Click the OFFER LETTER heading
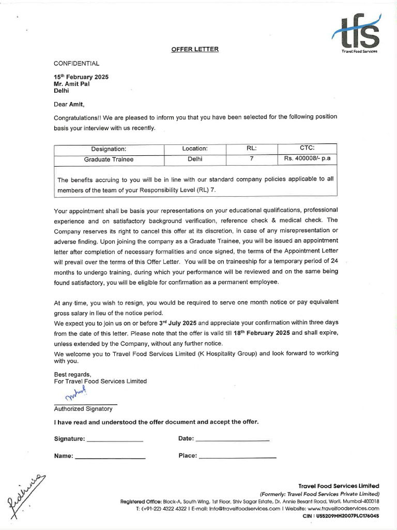pos(195,49)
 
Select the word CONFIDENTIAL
pos(77,63)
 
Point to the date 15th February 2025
pos(81,77)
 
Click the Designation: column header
pos(109,149)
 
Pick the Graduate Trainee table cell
pos(109,159)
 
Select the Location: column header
pos(195,149)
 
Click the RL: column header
pos(252,149)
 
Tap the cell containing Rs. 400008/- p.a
pos(307,159)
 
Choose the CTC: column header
pos(307,149)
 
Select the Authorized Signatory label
pos(83,408)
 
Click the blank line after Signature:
pos(115,440)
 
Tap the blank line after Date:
pos(232,440)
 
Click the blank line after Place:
pos(237,457)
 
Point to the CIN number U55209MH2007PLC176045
pos(347,516)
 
